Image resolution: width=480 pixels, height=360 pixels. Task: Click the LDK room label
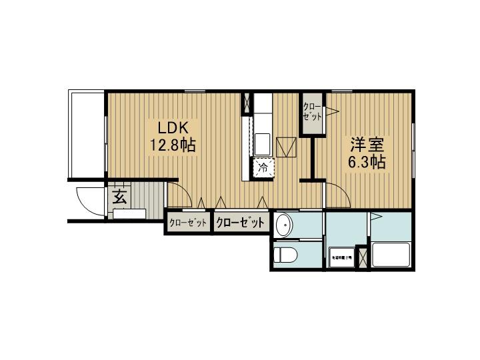175,127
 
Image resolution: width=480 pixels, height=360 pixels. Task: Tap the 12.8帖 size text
172,145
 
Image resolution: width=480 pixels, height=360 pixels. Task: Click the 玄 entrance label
119,197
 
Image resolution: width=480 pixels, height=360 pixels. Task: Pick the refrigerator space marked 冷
262,168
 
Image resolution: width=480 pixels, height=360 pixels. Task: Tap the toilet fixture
285,255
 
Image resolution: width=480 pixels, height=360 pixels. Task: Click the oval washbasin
284,225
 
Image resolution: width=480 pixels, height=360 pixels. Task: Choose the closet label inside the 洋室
311,111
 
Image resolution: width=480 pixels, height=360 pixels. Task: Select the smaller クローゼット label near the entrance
188,223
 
